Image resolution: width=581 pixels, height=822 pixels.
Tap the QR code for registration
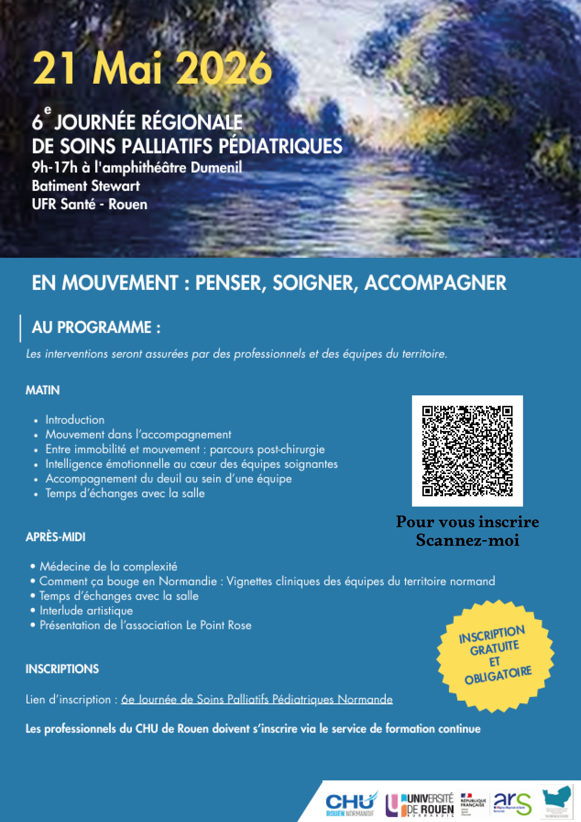coord(467,451)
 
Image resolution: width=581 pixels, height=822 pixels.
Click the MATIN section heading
coord(43,390)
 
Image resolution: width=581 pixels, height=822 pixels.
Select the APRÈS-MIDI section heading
coord(56,537)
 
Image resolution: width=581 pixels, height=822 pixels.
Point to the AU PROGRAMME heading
coord(96,327)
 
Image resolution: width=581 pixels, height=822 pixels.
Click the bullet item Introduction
coord(75,420)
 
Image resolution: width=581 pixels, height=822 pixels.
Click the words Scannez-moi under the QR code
coord(468,540)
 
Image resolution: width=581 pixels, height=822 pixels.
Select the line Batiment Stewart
coord(86,186)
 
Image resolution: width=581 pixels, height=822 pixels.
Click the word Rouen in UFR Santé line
coord(128,204)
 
